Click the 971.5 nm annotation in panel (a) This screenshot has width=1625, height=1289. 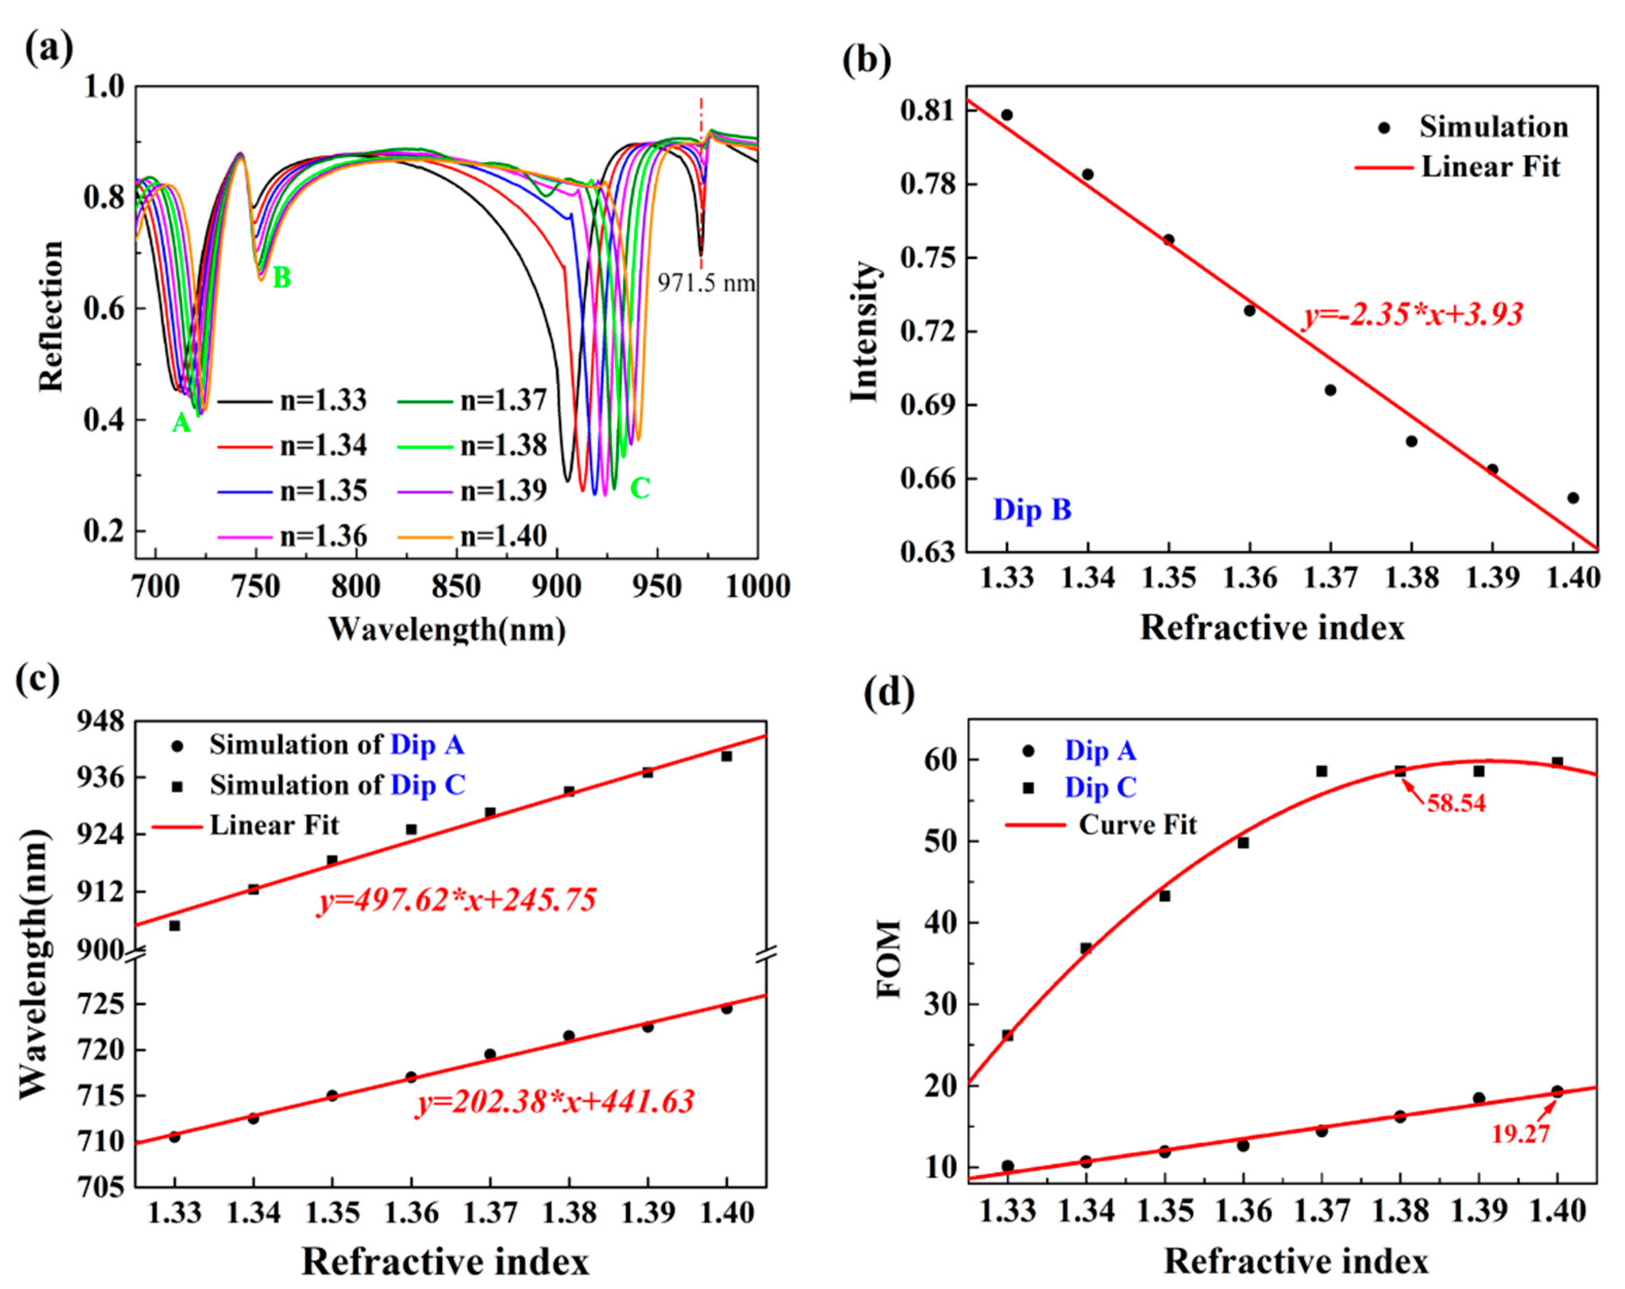pyautogui.click(x=706, y=283)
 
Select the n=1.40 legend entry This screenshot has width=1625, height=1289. pyautogui.click(x=503, y=536)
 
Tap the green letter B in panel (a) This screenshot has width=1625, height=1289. pyautogui.click(x=281, y=278)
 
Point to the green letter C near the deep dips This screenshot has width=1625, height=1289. pyautogui.click(x=639, y=488)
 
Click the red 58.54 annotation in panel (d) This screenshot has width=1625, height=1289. pyautogui.click(x=1456, y=804)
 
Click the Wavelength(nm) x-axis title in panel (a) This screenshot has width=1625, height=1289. pyautogui.click(x=447, y=629)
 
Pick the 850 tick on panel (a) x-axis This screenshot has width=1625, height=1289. pyautogui.click(x=456, y=586)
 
